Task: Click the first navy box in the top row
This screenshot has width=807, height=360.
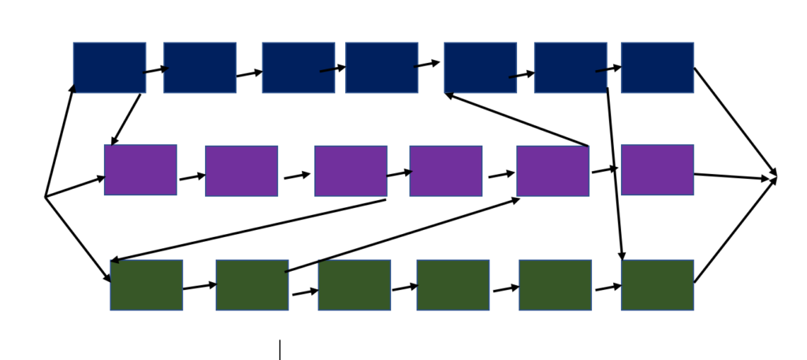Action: (x=110, y=68)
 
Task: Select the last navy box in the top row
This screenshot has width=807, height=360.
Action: (x=657, y=68)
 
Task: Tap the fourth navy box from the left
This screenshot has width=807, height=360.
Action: (x=381, y=68)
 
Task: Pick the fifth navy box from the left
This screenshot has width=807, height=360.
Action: (x=480, y=68)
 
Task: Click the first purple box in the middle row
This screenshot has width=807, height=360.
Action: (x=140, y=169)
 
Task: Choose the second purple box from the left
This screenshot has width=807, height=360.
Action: (x=241, y=171)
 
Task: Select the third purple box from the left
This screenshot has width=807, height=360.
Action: (x=351, y=171)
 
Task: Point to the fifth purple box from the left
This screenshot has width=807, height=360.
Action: (x=552, y=171)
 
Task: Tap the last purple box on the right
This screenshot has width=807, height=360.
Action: (x=657, y=169)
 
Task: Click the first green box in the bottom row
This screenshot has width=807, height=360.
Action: (x=147, y=285)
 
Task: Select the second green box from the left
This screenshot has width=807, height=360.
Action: (x=252, y=285)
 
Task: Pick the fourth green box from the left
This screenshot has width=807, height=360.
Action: (x=453, y=285)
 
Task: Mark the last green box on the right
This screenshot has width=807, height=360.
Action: (x=657, y=285)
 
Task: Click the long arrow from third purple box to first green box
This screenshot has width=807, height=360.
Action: (x=248, y=230)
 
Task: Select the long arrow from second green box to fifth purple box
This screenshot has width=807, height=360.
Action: (x=402, y=235)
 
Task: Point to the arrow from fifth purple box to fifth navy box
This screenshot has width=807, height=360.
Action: (x=516, y=120)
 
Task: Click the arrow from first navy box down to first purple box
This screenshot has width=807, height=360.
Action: (x=126, y=120)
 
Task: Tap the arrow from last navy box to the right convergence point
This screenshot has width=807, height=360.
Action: (x=734, y=121)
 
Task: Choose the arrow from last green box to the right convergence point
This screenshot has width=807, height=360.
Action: (x=734, y=232)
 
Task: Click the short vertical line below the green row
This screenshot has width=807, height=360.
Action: (x=280, y=350)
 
